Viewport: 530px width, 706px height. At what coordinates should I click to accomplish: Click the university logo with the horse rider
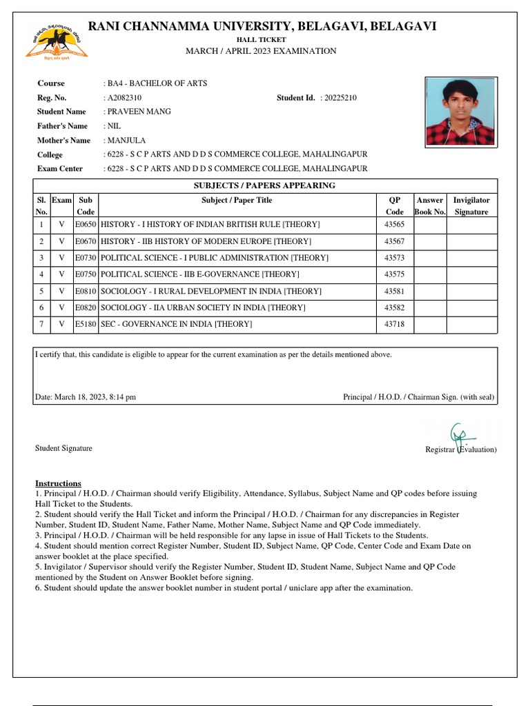(57, 43)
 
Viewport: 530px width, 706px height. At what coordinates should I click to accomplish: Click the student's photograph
(460, 111)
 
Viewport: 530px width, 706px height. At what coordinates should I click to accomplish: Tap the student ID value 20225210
(338, 98)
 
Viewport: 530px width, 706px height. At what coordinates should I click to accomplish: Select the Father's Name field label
(63, 126)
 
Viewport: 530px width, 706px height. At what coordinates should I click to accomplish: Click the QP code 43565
(394, 225)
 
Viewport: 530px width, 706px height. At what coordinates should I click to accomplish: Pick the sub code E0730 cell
(86, 258)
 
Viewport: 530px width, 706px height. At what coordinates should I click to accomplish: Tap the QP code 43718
(394, 324)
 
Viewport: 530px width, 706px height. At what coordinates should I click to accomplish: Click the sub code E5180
(86, 324)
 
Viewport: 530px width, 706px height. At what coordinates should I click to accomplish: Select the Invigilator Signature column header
(471, 206)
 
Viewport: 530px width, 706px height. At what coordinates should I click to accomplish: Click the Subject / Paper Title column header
(237, 201)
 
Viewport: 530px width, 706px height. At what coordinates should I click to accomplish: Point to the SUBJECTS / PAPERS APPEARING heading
(265, 185)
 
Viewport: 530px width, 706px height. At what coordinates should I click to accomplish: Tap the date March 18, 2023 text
(86, 397)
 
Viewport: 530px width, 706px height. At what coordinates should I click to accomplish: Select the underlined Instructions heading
(58, 483)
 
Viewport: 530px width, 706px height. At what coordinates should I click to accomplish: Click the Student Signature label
(63, 448)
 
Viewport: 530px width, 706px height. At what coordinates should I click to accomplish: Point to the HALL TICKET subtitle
(261, 40)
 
